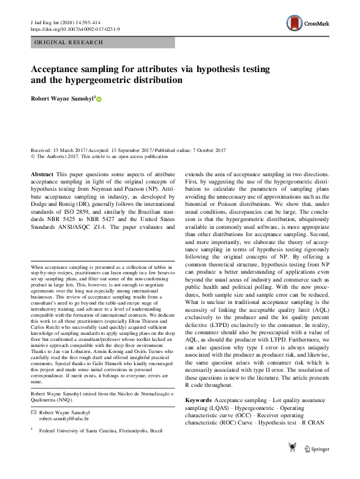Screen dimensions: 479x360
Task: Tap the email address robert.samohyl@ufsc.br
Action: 64,418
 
